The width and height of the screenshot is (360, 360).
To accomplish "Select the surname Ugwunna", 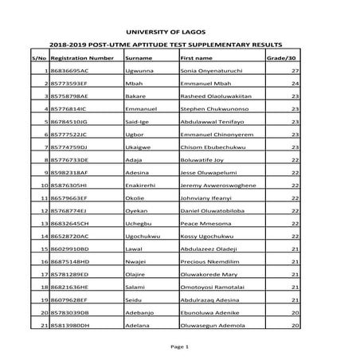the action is tap(140, 71).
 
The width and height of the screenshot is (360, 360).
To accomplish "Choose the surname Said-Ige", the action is tap(139, 122).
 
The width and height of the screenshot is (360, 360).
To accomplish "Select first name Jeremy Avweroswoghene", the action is tap(218, 186).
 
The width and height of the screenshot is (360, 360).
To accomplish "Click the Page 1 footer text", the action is tap(179, 347).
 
